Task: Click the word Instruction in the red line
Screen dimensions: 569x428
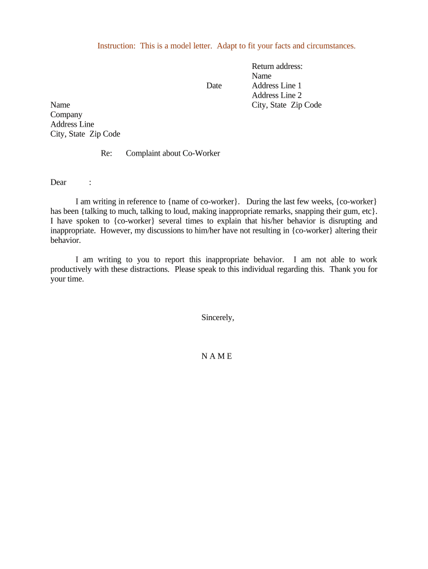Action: click(x=116, y=46)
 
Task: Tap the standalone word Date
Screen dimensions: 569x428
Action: click(x=214, y=86)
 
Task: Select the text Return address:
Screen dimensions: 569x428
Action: click(x=277, y=66)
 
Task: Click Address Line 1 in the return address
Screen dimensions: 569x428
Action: click(x=277, y=86)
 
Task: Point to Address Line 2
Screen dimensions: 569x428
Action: click(x=277, y=95)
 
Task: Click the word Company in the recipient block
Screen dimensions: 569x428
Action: click(x=66, y=114)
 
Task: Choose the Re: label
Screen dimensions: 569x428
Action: click(x=107, y=153)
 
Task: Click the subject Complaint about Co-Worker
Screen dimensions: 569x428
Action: click(x=173, y=153)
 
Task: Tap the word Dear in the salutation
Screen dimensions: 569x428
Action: click(x=58, y=182)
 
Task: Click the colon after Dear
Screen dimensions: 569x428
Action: click(x=90, y=182)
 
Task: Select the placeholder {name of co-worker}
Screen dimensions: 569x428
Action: click(x=204, y=201)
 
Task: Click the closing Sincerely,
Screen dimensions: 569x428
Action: click(x=218, y=317)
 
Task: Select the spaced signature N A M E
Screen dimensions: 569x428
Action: click(x=217, y=356)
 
